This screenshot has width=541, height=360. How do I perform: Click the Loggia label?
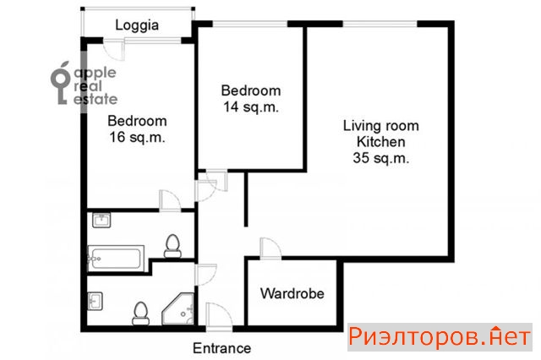pyautogui.click(x=137, y=25)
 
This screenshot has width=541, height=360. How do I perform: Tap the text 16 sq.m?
pyautogui.click(x=137, y=137)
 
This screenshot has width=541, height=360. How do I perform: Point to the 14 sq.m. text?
pyautogui.click(x=251, y=106)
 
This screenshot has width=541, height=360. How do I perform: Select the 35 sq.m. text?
pyautogui.click(x=381, y=158)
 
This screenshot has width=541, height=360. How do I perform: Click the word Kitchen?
pyautogui.click(x=381, y=142)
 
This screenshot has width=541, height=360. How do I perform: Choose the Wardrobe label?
pyautogui.click(x=292, y=293)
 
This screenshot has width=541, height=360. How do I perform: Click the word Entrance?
pyautogui.click(x=221, y=348)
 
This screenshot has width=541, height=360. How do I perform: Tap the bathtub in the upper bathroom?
pyautogui.click(x=116, y=259)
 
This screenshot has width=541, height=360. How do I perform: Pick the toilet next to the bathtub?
pyautogui.click(x=172, y=246)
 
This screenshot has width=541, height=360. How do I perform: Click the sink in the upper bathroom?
pyautogui.click(x=101, y=221)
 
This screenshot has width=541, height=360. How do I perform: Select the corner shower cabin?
pyautogui.click(x=178, y=309)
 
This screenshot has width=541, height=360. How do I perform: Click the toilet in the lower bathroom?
pyautogui.click(x=140, y=314)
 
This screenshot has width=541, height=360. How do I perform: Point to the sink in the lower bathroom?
pyautogui.click(x=95, y=302)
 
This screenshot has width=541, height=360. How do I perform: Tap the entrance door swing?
pyautogui.click(x=220, y=317)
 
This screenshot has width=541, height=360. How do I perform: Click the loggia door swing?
pyautogui.click(x=114, y=51)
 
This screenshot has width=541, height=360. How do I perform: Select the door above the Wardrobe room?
pyautogui.click(x=270, y=248)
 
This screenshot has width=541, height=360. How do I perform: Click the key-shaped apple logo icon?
pyautogui.click(x=61, y=83)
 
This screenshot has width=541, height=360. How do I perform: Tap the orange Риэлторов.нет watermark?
pyautogui.click(x=440, y=337)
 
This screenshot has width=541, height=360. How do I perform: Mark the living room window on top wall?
pyautogui.click(x=380, y=24)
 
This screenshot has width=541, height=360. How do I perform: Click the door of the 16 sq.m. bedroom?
pyautogui.click(x=170, y=200)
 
